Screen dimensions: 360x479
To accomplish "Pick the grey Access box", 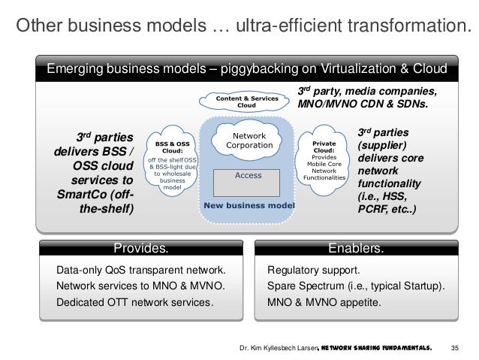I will pos(249,175).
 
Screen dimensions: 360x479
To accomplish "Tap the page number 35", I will pos(453,349).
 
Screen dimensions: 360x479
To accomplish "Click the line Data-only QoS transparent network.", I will pos(140,270).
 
